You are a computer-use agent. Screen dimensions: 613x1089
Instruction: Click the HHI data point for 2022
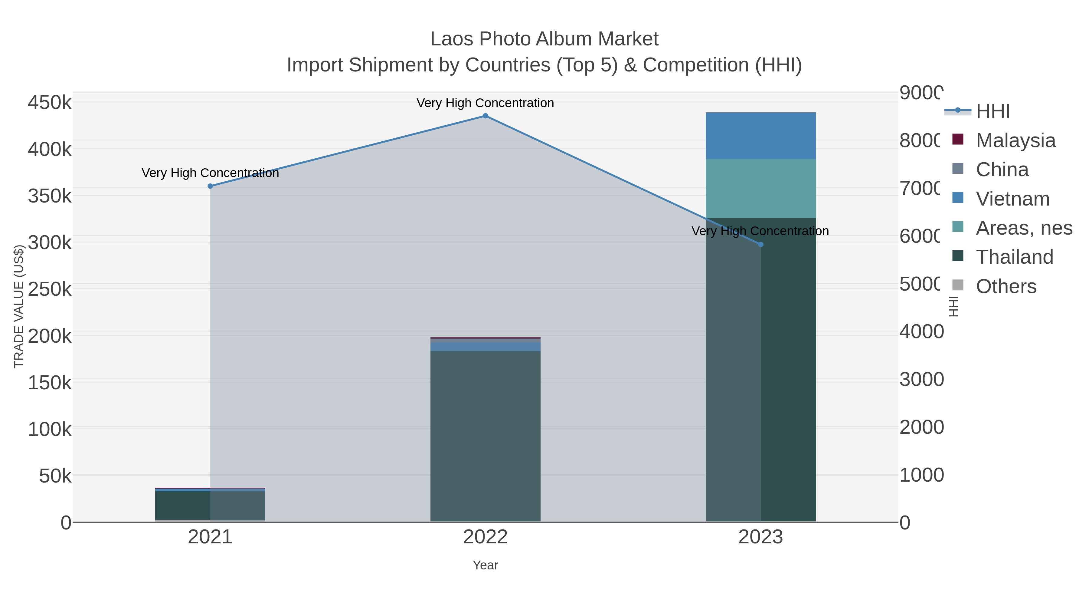(x=485, y=116)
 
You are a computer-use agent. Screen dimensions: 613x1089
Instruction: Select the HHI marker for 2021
(x=210, y=186)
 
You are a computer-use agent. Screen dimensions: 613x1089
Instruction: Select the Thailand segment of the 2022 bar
(x=485, y=436)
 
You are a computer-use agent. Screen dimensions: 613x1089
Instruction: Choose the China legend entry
(x=1002, y=170)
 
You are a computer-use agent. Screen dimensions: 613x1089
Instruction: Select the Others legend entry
(x=1006, y=286)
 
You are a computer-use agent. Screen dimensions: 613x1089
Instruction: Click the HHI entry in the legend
(x=993, y=111)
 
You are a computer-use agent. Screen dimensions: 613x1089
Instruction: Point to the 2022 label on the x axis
(x=485, y=537)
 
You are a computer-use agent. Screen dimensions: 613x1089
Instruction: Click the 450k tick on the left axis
(x=50, y=102)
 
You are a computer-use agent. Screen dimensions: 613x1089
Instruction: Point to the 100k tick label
(x=50, y=429)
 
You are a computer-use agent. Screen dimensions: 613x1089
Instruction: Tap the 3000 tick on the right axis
(x=922, y=380)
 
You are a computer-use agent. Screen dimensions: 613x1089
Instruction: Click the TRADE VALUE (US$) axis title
(x=19, y=306)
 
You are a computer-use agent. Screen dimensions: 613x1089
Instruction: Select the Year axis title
(x=485, y=565)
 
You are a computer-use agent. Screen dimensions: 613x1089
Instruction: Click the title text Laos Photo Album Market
(x=544, y=39)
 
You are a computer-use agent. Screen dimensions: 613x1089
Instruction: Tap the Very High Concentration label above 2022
(x=485, y=103)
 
